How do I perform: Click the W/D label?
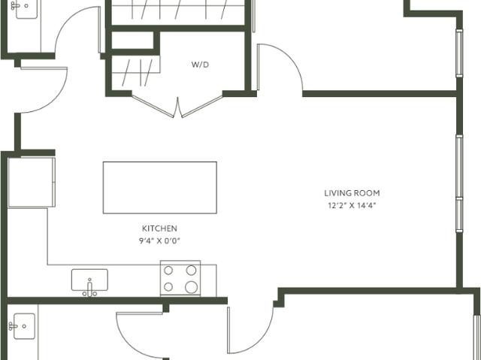tap(200, 65)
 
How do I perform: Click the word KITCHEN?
tap(159, 228)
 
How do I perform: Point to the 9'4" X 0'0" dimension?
tap(159, 241)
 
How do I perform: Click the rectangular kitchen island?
tap(159, 187)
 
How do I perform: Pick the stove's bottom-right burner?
tap(191, 287)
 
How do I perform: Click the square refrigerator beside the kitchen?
tap(32, 182)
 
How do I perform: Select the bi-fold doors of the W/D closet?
tap(178, 106)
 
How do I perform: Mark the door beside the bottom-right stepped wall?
tap(251, 331)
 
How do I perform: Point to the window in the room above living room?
tap(458, 53)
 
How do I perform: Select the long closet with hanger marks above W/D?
tap(178, 11)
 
